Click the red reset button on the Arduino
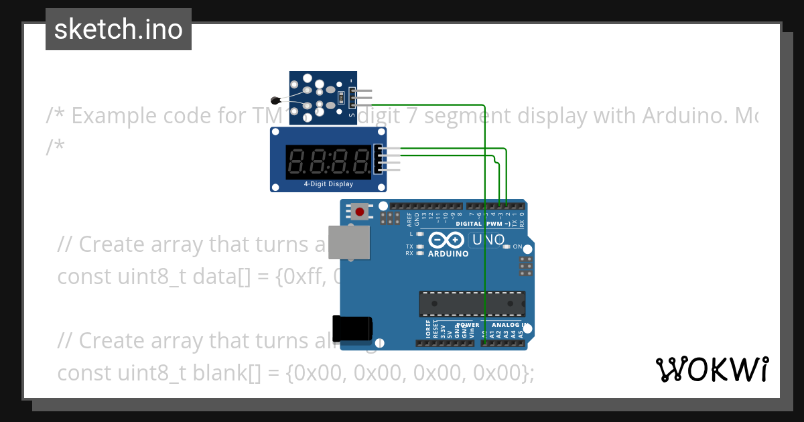point(360,212)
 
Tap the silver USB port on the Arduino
point(350,242)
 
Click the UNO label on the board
point(488,240)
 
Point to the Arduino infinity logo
point(448,240)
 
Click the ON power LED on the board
point(507,247)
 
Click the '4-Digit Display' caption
point(328,184)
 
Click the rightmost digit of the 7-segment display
point(362,161)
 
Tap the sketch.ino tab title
point(119,29)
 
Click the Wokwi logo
point(712,369)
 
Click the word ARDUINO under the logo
point(448,254)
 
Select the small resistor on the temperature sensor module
point(340,98)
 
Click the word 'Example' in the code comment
point(121,116)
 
